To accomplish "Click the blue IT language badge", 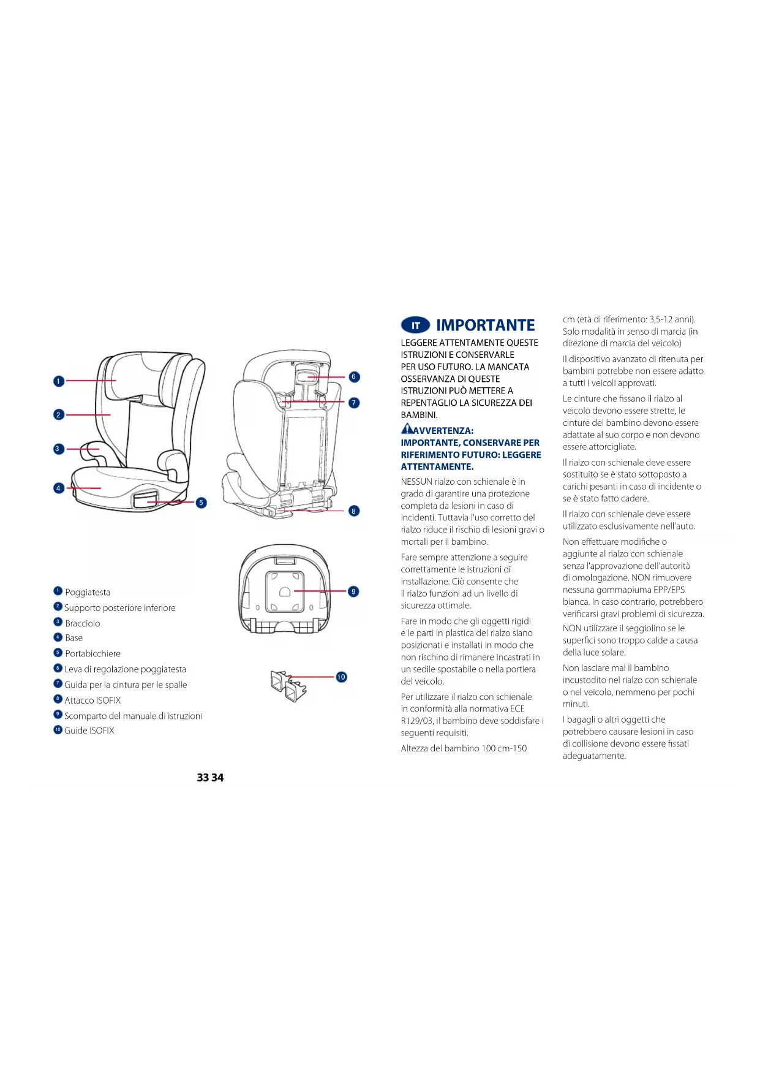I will [415, 325].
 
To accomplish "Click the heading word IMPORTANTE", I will [485, 325].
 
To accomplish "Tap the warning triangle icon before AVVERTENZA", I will [407, 429].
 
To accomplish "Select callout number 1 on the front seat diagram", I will [59, 381].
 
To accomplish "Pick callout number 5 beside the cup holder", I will [201, 503].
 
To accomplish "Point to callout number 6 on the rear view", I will [354, 377].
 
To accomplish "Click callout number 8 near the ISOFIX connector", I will [354, 511].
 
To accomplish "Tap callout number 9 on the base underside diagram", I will [353, 591].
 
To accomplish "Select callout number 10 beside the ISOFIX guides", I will [341, 677].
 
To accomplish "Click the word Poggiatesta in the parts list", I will [88, 592].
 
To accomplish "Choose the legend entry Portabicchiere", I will [92, 653].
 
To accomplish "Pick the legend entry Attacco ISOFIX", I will [92, 700].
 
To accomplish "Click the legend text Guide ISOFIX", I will [89, 731].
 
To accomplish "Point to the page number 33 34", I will [210, 777].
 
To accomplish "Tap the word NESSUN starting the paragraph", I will [416, 482].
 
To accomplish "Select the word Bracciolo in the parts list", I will [83, 623].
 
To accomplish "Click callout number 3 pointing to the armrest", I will [58, 449].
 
